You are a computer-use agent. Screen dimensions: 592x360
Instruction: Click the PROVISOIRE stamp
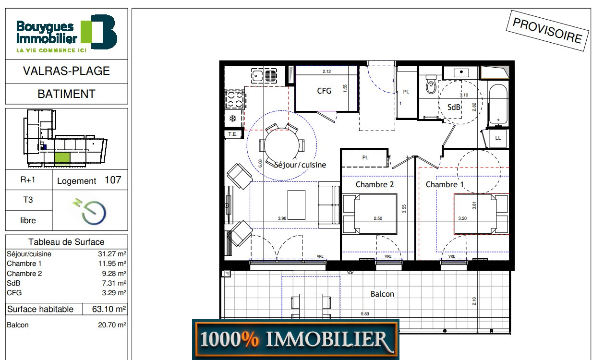pos(547,30)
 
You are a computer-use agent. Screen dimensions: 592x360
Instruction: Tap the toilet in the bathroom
pos(431,84)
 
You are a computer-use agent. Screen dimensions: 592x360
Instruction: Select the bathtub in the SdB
pos(498,104)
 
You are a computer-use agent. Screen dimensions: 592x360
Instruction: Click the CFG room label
pos(324,91)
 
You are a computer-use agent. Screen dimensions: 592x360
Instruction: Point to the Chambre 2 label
pos(375,184)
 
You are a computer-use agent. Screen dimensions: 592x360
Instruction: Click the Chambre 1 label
pos(445,184)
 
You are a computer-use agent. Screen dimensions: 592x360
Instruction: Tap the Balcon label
pos(382,294)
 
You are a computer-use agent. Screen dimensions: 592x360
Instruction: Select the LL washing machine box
pos(498,138)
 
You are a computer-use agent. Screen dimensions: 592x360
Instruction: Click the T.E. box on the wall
pos(233,134)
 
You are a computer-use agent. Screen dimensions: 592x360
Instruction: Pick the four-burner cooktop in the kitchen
pos(235,99)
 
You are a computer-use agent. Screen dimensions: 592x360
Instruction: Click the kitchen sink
pos(264,75)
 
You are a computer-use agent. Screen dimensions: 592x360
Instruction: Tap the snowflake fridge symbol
pos(232,119)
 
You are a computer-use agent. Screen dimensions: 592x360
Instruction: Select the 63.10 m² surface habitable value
pos(109,309)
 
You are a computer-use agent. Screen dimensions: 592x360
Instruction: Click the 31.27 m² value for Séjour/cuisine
pos(112,254)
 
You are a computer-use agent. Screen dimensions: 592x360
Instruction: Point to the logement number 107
pos(113,180)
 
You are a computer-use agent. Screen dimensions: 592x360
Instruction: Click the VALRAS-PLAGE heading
pos(66,71)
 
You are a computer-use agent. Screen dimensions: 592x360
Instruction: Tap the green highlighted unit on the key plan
pos(62,159)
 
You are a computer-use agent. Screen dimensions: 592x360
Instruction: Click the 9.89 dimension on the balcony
pos(365,314)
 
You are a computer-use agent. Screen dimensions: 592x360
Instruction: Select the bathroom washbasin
pos(461,72)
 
